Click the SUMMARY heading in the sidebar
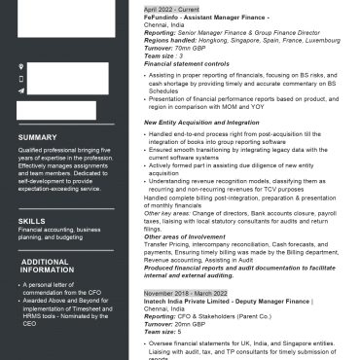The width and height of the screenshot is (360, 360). pyautogui.click(x=37, y=137)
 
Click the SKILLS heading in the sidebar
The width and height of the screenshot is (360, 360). pyautogui.click(x=31, y=221)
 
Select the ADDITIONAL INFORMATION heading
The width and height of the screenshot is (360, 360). pyautogui.click(x=45, y=266)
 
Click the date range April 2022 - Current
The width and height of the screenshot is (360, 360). pyautogui.click(x=171, y=9)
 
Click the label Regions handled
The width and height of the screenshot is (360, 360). pyautogui.click(x=168, y=40)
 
